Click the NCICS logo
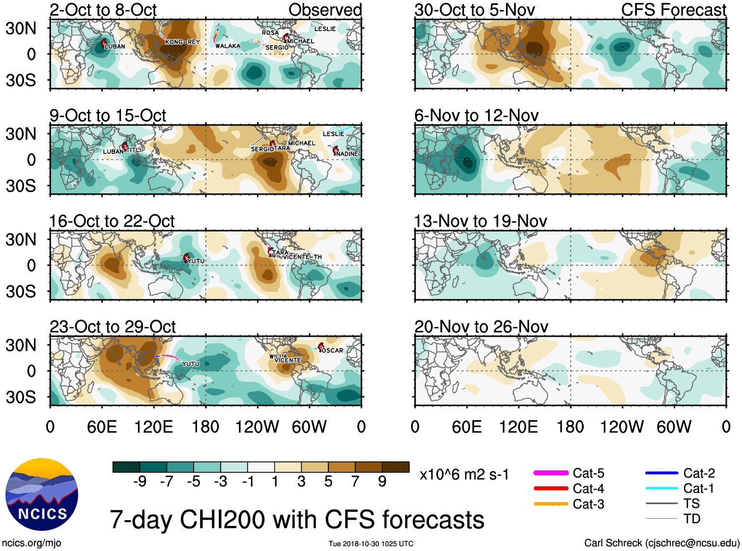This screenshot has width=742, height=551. [42, 494]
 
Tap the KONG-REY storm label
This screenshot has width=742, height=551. [182, 42]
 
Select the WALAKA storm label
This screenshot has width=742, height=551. [228, 46]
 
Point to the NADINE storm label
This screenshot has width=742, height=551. [347, 154]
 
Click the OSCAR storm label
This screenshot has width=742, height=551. [333, 350]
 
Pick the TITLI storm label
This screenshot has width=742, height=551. [134, 150]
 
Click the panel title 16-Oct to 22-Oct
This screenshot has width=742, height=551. [112, 221]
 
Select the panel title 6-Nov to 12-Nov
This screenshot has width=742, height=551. [476, 116]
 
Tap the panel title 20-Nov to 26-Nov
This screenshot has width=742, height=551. [481, 327]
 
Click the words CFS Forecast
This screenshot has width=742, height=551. [673, 10]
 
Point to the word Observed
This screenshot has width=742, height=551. [325, 10]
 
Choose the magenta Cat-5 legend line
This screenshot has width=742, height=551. [551, 473]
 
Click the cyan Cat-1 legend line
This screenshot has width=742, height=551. [661, 488]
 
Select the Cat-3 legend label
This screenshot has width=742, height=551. [588, 504]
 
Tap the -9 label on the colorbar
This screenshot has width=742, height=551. [140, 482]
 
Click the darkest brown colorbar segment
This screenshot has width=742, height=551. [396, 467]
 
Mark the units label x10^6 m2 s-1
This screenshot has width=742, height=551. [464, 475]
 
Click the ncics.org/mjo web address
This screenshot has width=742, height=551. [31, 543]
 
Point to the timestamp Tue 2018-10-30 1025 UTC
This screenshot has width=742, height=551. [371, 544]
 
